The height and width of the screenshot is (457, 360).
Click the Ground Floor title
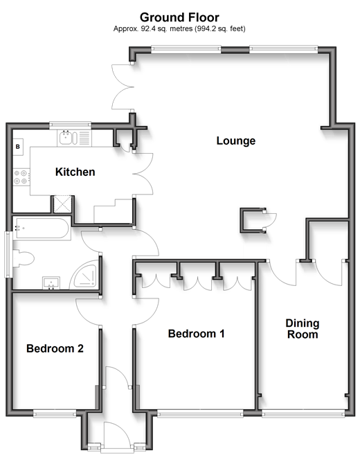click(179, 17)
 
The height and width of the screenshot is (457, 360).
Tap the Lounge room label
click(236, 141)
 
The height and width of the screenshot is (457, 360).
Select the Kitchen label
click(75, 172)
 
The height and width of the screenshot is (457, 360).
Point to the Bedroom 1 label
click(196, 334)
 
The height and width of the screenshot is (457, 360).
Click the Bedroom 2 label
click(55, 348)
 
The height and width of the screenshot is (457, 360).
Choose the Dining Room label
click(303, 329)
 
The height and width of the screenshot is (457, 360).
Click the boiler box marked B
click(18, 147)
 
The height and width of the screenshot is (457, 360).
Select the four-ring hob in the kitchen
click(21, 177)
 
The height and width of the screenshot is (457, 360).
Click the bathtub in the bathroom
click(42, 228)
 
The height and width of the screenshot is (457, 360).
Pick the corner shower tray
click(84, 275)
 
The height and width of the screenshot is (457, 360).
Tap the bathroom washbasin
click(51, 283)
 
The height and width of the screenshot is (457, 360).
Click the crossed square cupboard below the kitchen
click(62, 204)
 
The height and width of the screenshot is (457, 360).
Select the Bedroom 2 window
click(55, 413)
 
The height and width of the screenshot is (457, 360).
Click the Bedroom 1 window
click(200, 413)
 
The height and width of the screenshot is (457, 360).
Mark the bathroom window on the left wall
click(8, 254)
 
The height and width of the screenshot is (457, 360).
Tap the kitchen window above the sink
click(70, 125)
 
